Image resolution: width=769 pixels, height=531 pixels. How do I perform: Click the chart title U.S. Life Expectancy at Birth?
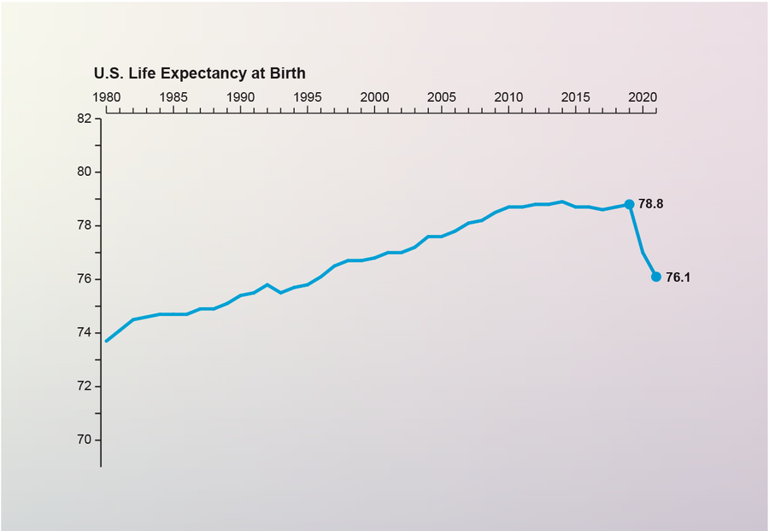(x=199, y=73)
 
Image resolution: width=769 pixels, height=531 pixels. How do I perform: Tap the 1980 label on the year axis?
(x=106, y=96)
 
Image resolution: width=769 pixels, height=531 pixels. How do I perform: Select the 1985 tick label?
(x=173, y=96)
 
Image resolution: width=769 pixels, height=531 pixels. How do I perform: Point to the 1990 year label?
(x=240, y=96)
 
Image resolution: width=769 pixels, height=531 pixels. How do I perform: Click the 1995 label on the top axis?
(x=308, y=96)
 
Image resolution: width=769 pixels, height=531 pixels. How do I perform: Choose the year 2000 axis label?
(x=374, y=96)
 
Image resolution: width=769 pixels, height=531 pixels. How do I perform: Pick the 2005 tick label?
(x=442, y=96)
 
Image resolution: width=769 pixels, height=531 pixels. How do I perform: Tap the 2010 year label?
(x=508, y=96)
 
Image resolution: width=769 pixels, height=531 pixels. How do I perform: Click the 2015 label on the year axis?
(x=576, y=96)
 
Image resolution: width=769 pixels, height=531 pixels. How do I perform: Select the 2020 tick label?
(x=643, y=96)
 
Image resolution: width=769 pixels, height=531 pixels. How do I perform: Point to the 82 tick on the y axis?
(x=84, y=119)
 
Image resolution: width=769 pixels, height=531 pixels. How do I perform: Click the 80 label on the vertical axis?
(x=84, y=172)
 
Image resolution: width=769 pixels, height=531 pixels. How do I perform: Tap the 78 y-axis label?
(x=84, y=226)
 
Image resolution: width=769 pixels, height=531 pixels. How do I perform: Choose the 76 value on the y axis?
(x=84, y=280)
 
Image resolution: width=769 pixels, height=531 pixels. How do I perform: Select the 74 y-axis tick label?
(x=84, y=333)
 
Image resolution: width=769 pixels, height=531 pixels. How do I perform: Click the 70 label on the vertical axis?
(x=84, y=441)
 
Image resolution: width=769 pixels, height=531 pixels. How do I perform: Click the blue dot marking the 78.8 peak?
(x=629, y=204)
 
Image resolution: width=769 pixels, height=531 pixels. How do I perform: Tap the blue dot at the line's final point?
(x=656, y=277)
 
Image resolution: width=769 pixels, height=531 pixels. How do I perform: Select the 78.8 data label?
(x=651, y=205)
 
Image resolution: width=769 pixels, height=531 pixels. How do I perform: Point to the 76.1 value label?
(x=678, y=277)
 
